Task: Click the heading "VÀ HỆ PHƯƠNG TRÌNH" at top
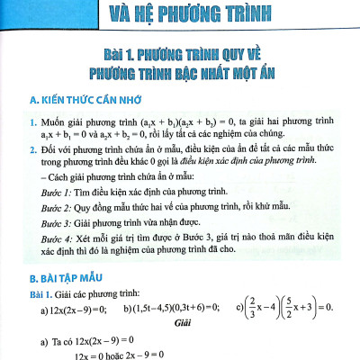point(180,13)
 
